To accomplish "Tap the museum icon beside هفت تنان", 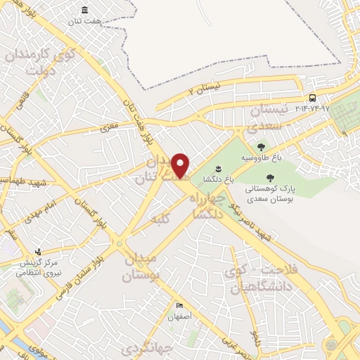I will tap(85, 10).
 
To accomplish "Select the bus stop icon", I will tap(312, 98).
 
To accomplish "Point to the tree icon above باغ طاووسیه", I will tap(261, 147).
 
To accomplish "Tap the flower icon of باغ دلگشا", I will tap(217, 167).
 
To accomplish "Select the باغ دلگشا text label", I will tap(218, 178).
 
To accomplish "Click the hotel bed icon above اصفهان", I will tap(179, 307).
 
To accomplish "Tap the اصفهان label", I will tap(180, 317).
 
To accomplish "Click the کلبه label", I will tap(161, 220).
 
